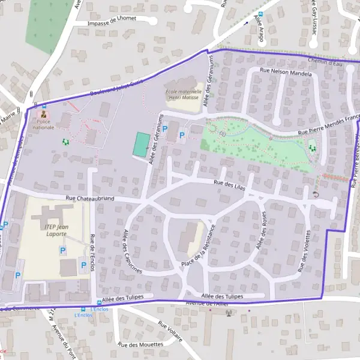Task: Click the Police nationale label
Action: tap(43, 124)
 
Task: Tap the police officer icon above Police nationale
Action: tap(43, 114)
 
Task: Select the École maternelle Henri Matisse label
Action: tap(181, 95)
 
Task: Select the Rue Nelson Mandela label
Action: tap(286, 72)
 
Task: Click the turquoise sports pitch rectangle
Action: tap(142, 145)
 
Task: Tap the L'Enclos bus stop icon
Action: tap(99, 303)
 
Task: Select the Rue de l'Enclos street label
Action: tap(92, 252)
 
